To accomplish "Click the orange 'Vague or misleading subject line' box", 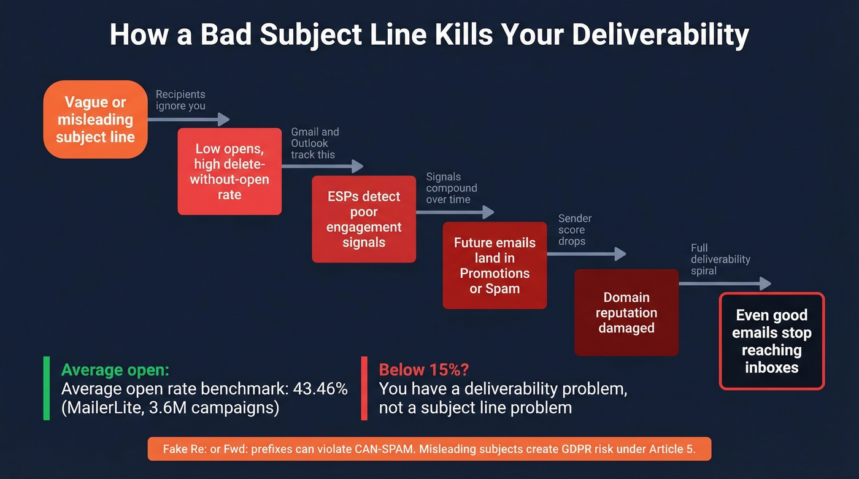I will click(95, 120).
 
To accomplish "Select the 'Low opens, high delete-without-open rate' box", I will click(229, 172).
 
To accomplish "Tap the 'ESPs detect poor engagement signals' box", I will click(364, 219).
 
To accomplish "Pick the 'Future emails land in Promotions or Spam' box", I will click(495, 265).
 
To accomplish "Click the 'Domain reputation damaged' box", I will click(626, 312).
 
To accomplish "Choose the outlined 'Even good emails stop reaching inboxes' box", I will click(771, 341).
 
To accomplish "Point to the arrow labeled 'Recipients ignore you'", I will click(187, 120).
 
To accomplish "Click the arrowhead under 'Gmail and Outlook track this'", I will click(357, 166).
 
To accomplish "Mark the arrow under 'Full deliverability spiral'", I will click(724, 283).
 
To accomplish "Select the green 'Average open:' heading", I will click(115, 370).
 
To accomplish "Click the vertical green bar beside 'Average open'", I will click(47, 388).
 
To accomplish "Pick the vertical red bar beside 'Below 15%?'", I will click(364, 388).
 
